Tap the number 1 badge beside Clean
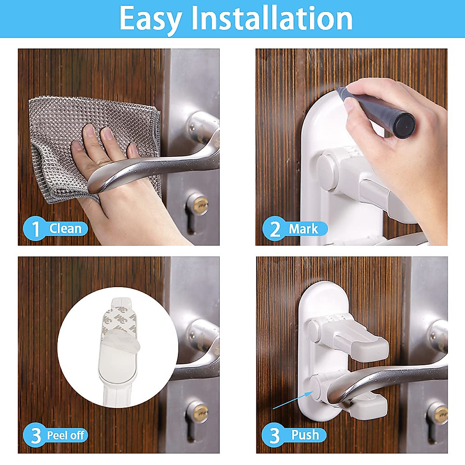pyautogui.click(x=36, y=229)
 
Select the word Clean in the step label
pyautogui.click(x=65, y=229)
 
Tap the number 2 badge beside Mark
pyautogui.click(x=275, y=229)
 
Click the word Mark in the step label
pyautogui.click(x=303, y=229)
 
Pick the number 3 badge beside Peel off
pyautogui.click(x=36, y=435)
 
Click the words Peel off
pyautogui.click(x=65, y=435)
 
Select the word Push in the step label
pyautogui.click(x=305, y=435)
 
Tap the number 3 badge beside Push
pyautogui.click(x=274, y=435)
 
